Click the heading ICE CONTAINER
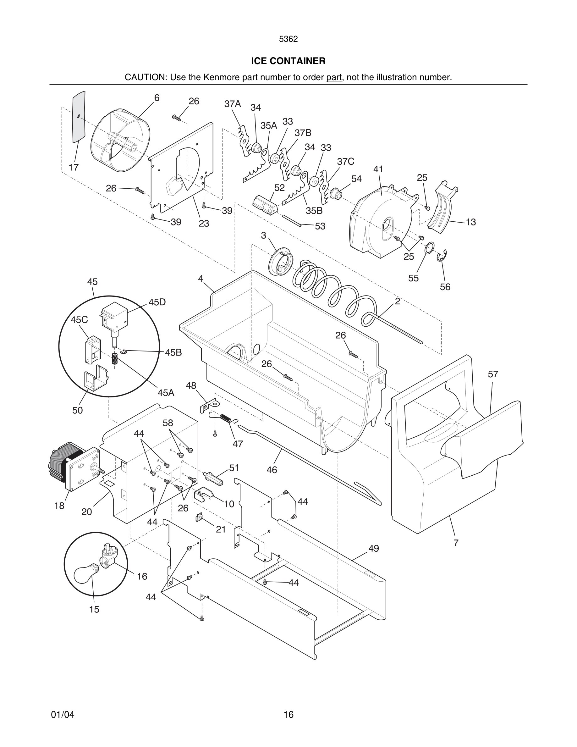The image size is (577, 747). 288,61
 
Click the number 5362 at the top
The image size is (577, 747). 288,39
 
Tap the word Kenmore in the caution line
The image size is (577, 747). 222,77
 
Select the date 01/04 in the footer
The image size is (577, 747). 63,715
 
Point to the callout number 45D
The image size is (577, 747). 157,302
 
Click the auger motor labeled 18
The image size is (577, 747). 70,465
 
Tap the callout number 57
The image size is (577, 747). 492,374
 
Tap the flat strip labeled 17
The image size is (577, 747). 79,116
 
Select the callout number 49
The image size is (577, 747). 374,548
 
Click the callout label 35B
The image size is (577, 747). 314,211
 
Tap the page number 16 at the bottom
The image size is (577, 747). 288,715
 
